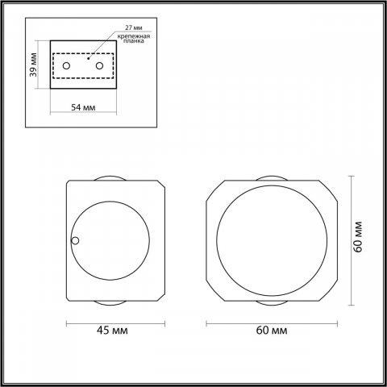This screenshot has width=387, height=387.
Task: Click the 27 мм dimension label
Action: (x=134, y=27)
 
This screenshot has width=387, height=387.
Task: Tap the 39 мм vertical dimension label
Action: (x=33, y=64)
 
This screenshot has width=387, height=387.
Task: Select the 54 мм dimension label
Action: (x=83, y=107)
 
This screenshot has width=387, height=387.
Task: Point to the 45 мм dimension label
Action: (x=112, y=331)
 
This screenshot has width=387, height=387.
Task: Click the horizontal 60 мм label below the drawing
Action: (x=272, y=331)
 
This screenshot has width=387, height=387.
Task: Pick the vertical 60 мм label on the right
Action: (x=358, y=237)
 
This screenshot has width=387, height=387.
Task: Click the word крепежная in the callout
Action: (x=134, y=36)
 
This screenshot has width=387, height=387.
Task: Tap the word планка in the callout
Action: (x=134, y=41)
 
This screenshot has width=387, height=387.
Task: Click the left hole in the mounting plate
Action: (x=66, y=65)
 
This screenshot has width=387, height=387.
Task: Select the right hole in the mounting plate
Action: (x=99, y=65)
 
